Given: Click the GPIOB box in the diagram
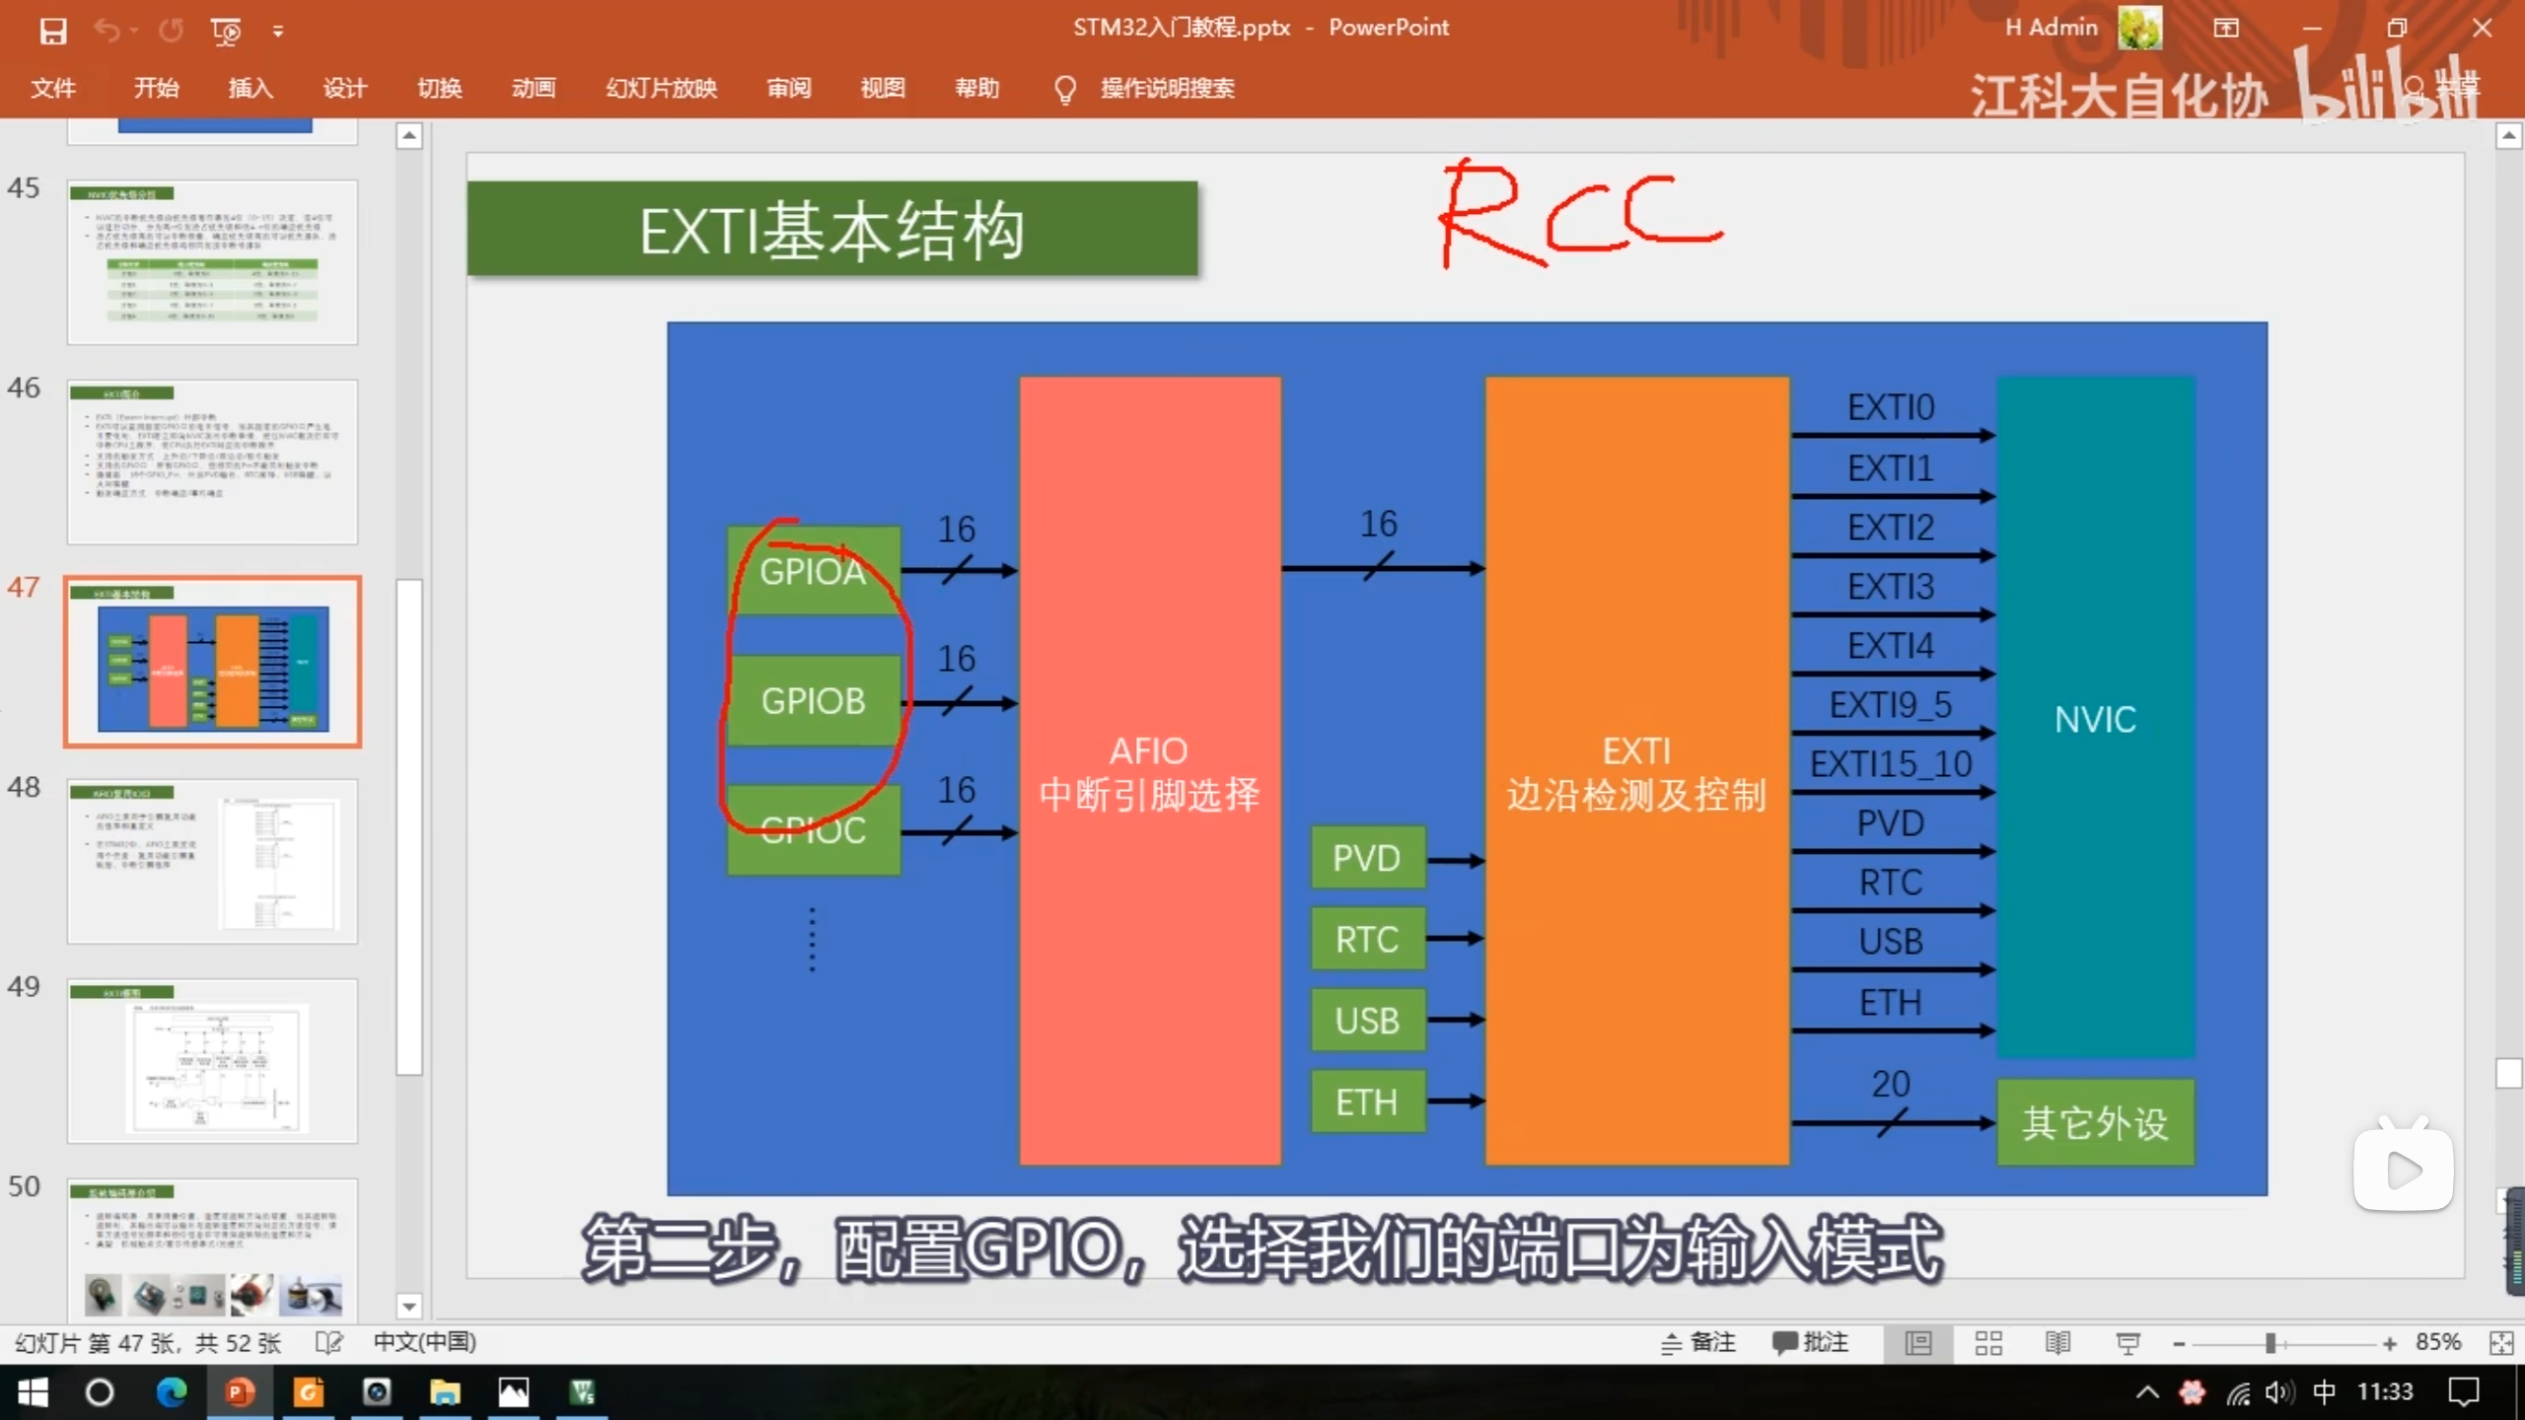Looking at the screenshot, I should click(x=813, y=701).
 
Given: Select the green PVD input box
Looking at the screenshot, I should click(x=1367, y=858).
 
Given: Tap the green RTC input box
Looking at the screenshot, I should click(x=1367, y=940).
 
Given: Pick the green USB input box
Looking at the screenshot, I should click(x=1367, y=1021).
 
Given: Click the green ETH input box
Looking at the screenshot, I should click(x=1367, y=1101).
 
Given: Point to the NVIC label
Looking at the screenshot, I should click(x=2095, y=720).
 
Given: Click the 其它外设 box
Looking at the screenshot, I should click(x=2095, y=1123).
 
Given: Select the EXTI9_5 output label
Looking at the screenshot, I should click(x=1890, y=705).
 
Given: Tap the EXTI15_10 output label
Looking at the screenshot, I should click(x=1890, y=764).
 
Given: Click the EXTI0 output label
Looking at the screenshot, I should click(x=1890, y=407).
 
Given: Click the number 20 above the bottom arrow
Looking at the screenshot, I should click(x=1891, y=1084).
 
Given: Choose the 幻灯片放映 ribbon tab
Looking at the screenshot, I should click(x=661, y=89).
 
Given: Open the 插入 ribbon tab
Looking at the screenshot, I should click(x=251, y=89).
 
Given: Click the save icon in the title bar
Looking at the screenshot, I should click(x=52, y=31).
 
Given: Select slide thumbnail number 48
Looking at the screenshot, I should click(x=212, y=862).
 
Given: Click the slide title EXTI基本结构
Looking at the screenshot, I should click(x=831, y=231).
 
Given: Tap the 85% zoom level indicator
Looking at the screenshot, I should click(x=2437, y=1342).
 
